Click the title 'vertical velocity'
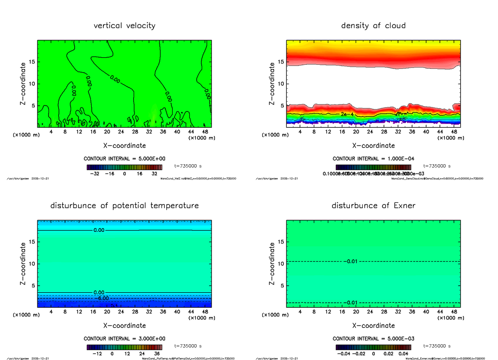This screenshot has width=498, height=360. point(124,26)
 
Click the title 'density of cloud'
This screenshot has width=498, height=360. point(373,26)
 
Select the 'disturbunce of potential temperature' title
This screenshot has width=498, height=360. point(124,206)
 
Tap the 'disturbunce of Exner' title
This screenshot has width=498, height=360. point(373,206)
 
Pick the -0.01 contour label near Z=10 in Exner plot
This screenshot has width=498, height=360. point(351,261)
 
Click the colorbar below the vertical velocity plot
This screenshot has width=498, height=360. point(124,167)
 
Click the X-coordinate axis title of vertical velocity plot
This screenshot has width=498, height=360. point(124,146)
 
